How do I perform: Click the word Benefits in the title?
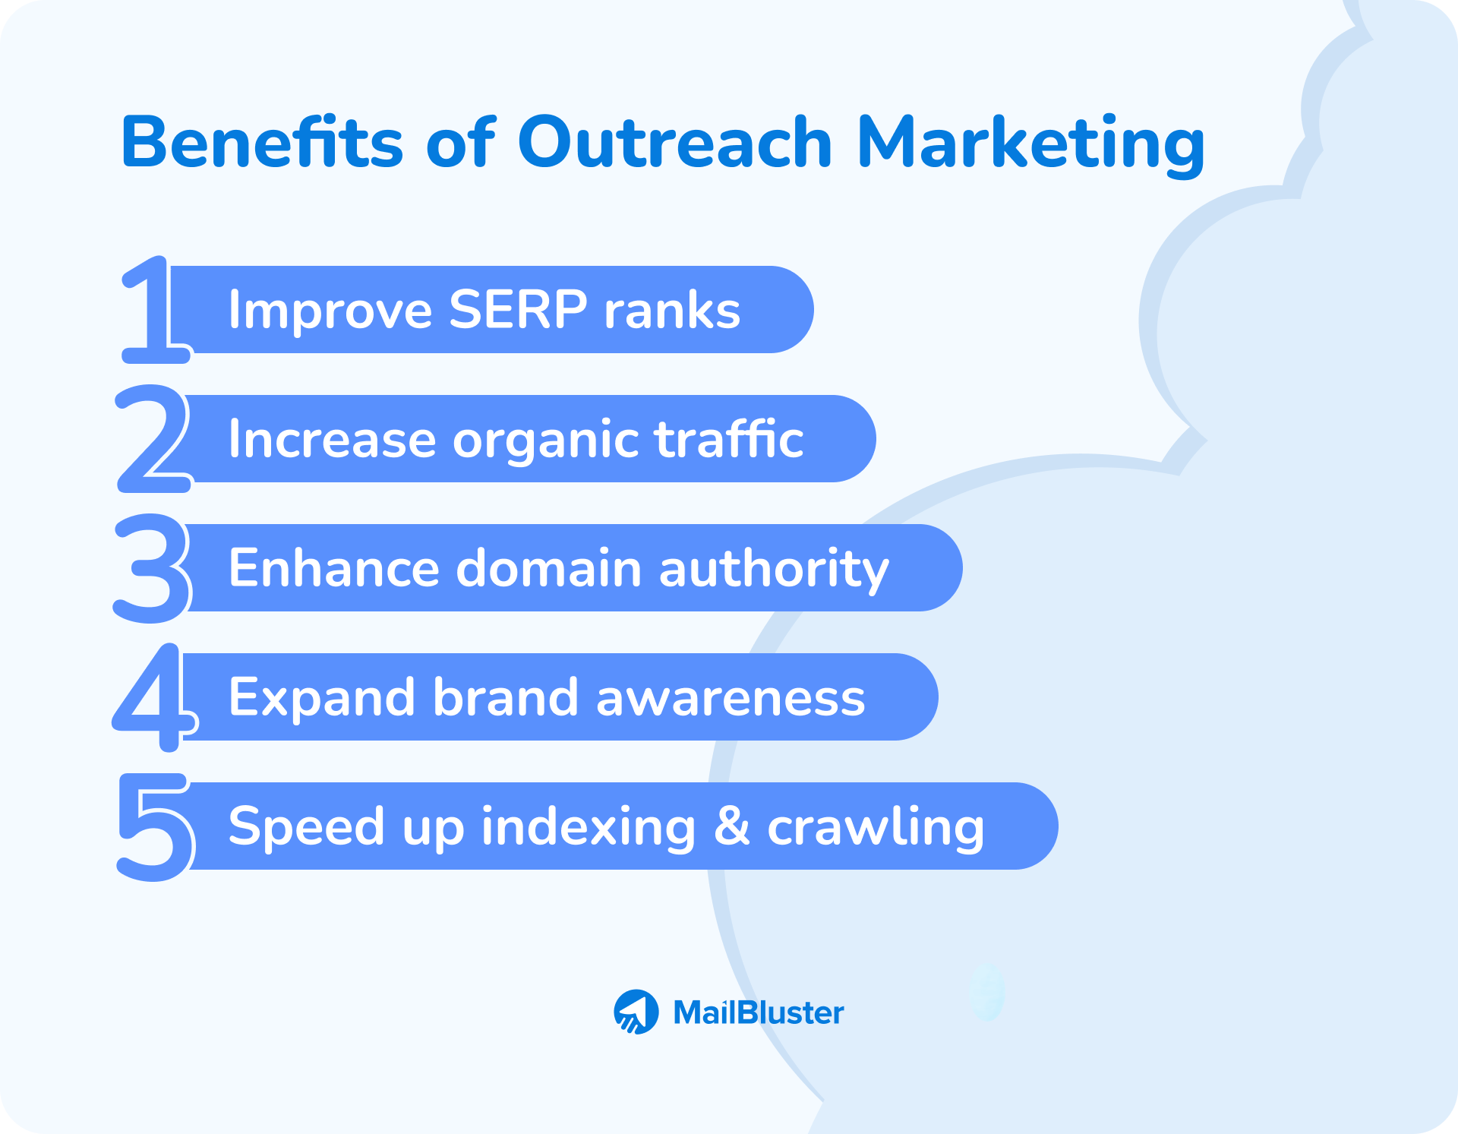(x=262, y=142)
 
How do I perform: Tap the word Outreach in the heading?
(x=675, y=142)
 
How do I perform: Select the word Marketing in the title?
(x=1030, y=144)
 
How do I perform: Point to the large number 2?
(x=153, y=439)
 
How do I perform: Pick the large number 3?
(x=152, y=568)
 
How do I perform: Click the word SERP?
(x=518, y=310)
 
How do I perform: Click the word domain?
(x=549, y=568)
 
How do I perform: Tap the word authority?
(x=774, y=570)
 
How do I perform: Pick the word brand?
(x=505, y=697)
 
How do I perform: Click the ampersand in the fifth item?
(x=732, y=826)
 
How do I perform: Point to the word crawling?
(x=876, y=828)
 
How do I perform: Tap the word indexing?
(x=589, y=828)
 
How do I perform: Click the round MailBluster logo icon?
(x=636, y=1012)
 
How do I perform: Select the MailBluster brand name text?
(x=758, y=1012)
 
